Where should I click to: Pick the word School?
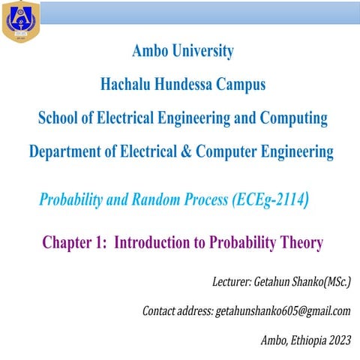[59, 118]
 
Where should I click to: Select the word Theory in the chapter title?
[298, 243]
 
